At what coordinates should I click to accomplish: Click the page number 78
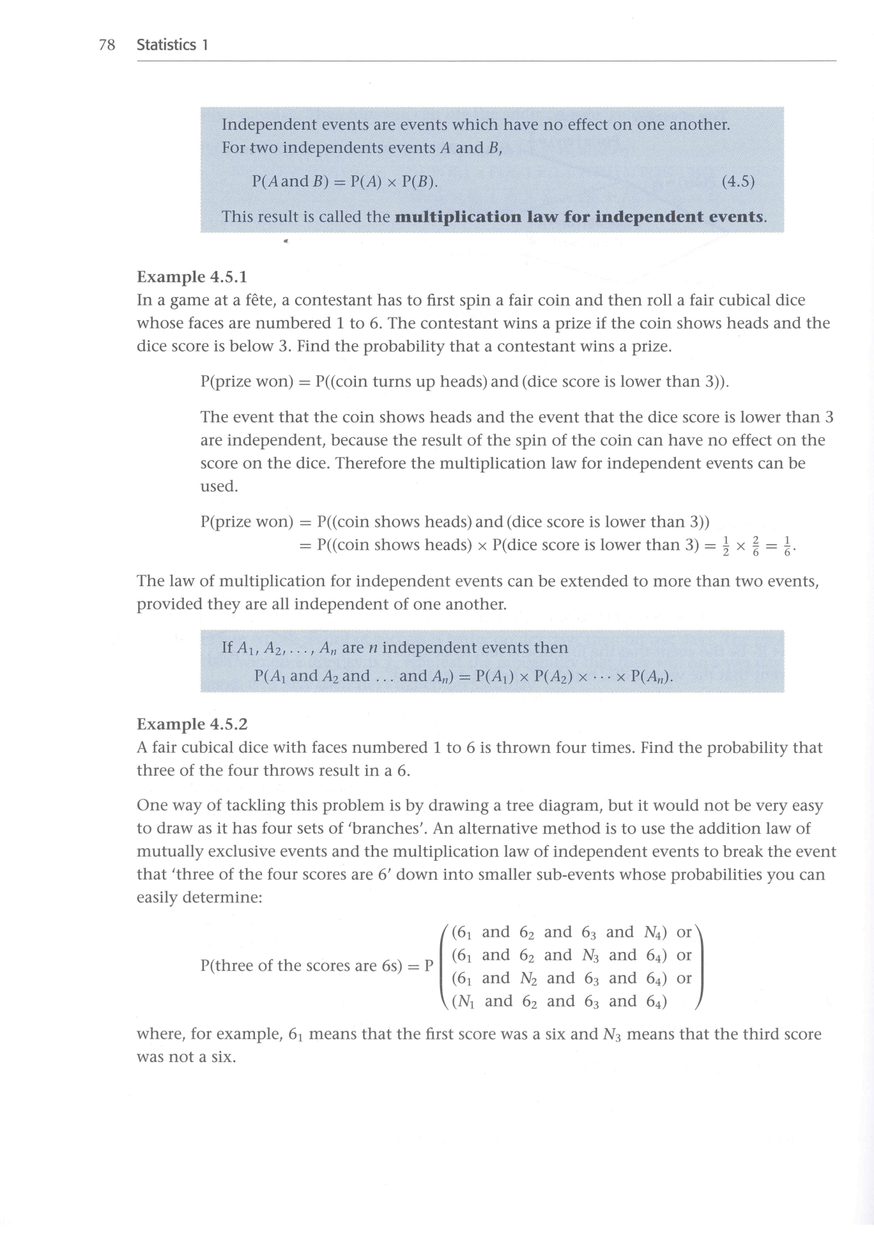click(107, 45)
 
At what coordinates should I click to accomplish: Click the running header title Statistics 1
click(172, 45)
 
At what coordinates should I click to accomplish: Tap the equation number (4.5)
click(738, 182)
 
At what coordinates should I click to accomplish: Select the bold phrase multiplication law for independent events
click(579, 217)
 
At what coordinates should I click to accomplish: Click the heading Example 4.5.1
click(192, 277)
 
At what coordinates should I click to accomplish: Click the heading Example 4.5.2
click(192, 724)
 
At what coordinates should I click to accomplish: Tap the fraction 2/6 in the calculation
click(755, 546)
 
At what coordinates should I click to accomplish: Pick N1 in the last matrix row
click(465, 1002)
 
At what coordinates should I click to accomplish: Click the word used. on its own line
click(218, 486)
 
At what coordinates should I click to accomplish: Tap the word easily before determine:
click(157, 898)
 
